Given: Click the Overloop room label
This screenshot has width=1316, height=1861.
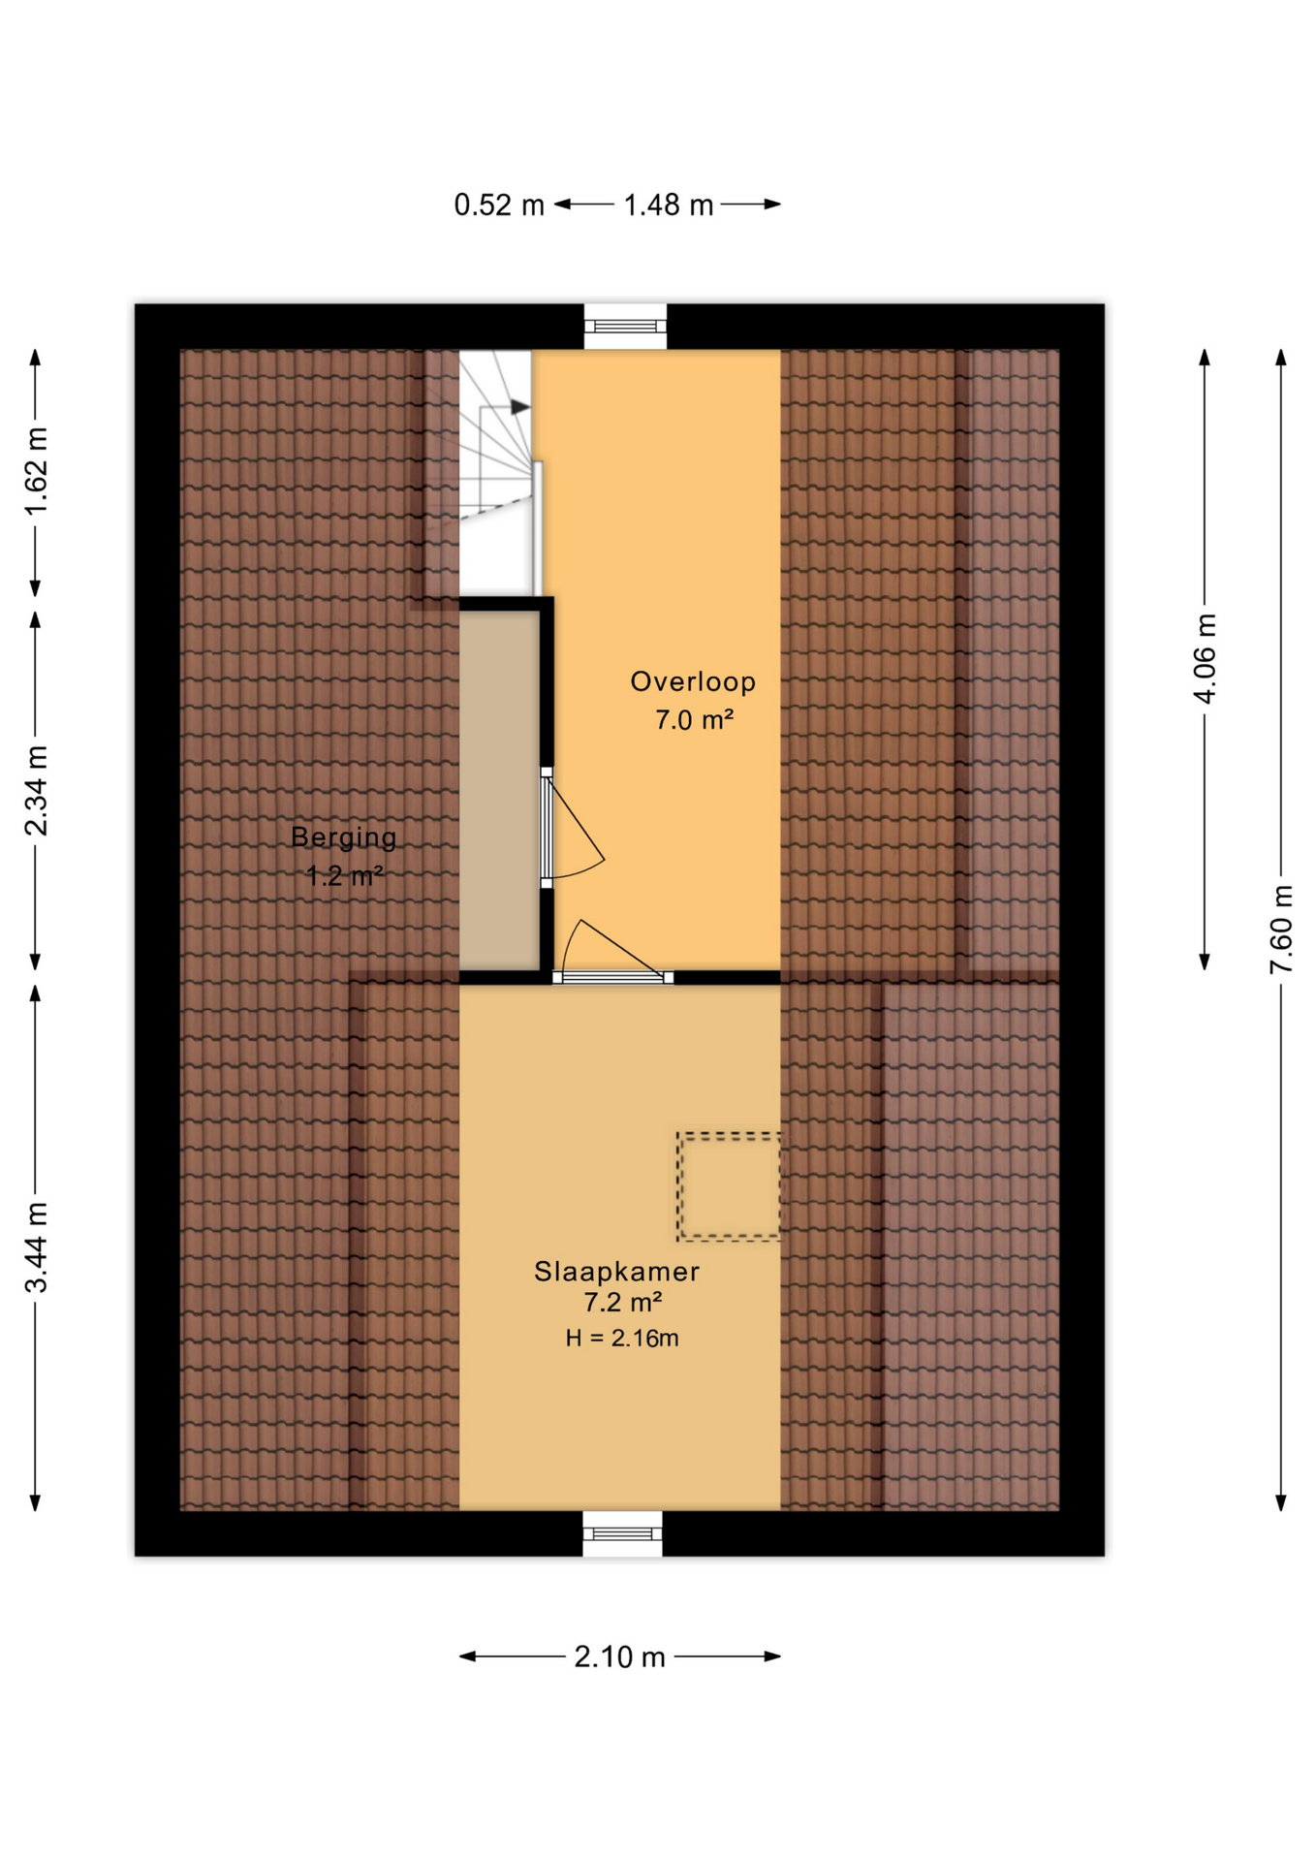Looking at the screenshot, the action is point(693,681).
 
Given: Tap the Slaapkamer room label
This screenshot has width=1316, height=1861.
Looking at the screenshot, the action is point(616,1271).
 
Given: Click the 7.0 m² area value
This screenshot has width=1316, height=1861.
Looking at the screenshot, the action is point(694,720).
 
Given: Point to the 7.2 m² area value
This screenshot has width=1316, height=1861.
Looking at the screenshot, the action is point(622,1302).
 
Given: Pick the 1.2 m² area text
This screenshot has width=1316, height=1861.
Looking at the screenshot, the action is point(345,876).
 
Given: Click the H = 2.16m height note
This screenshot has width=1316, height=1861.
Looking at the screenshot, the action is point(622,1339).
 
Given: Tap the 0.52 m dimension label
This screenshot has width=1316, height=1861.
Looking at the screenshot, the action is point(499,205).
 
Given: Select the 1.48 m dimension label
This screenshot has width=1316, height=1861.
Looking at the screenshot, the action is point(669,205).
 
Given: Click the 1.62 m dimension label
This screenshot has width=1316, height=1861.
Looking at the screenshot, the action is point(36,472).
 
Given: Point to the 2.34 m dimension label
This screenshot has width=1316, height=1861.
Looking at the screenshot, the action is point(36,791).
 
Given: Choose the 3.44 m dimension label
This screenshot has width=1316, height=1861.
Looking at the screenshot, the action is point(36,1247).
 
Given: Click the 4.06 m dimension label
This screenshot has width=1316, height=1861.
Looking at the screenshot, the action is point(1205,659).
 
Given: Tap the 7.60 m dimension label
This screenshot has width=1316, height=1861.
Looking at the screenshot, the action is point(1281,930).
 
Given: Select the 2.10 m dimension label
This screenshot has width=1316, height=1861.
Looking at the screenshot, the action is point(620,1656).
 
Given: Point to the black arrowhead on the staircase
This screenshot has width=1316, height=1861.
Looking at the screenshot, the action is point(521,407).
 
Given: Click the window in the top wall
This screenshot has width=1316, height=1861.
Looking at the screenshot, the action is point(625,327).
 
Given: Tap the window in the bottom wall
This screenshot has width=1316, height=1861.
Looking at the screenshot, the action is point(622,1533).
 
